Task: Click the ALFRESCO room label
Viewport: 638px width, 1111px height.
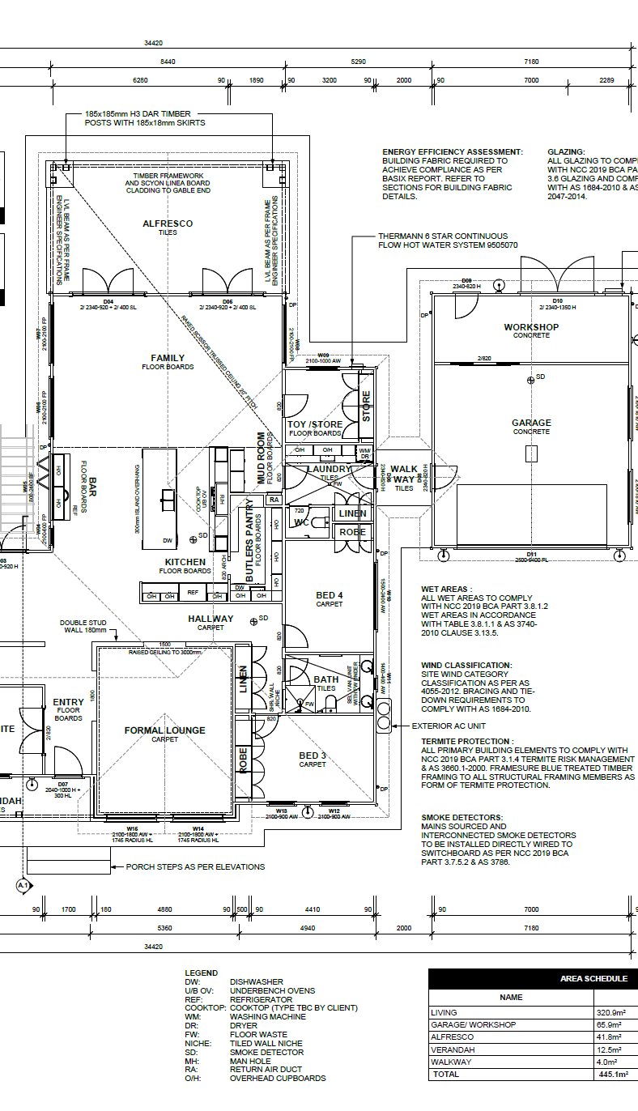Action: coord(168,223)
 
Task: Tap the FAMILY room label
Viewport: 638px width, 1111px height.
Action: coord(168,358)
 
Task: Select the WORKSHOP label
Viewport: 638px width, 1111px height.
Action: coord(531,327)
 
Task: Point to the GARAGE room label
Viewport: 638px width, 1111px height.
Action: coord(531,423)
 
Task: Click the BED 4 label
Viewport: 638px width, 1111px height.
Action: coord(330,596)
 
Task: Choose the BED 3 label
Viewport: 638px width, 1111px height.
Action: coord(313,756)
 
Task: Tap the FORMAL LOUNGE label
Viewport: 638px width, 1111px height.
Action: coord(165,730)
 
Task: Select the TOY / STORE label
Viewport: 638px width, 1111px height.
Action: coord(315,424)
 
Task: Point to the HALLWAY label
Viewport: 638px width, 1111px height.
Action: coord(211,619)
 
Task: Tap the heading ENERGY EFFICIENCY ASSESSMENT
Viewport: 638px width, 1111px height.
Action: coord(453,151)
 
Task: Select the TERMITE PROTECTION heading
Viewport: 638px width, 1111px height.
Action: coord(466,741)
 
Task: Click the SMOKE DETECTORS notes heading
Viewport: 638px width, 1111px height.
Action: coord(461,817)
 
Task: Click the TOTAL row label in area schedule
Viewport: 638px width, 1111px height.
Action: coord(446,1074)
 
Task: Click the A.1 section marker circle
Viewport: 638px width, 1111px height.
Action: coord(23,887)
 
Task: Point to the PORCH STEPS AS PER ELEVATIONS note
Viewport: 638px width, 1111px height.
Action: coord(195,866)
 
